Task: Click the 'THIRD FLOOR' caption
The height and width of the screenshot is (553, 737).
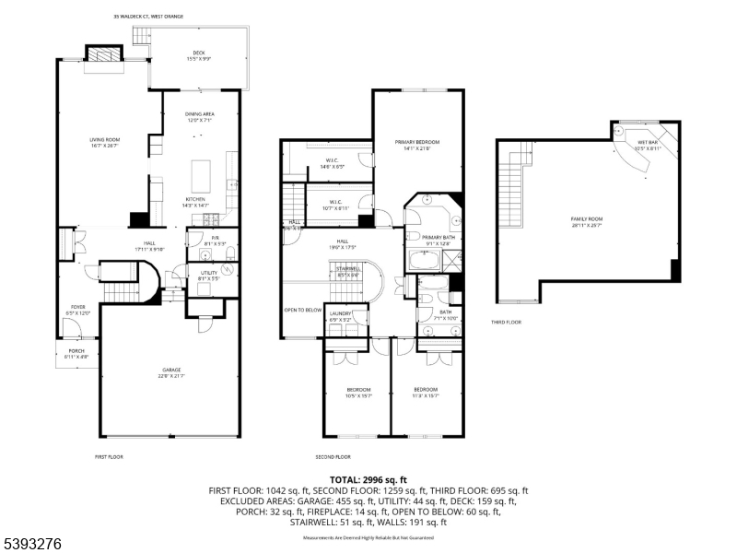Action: [x=506, y=323]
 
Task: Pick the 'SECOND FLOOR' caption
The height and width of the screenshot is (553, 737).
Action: [x=333, y=457]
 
